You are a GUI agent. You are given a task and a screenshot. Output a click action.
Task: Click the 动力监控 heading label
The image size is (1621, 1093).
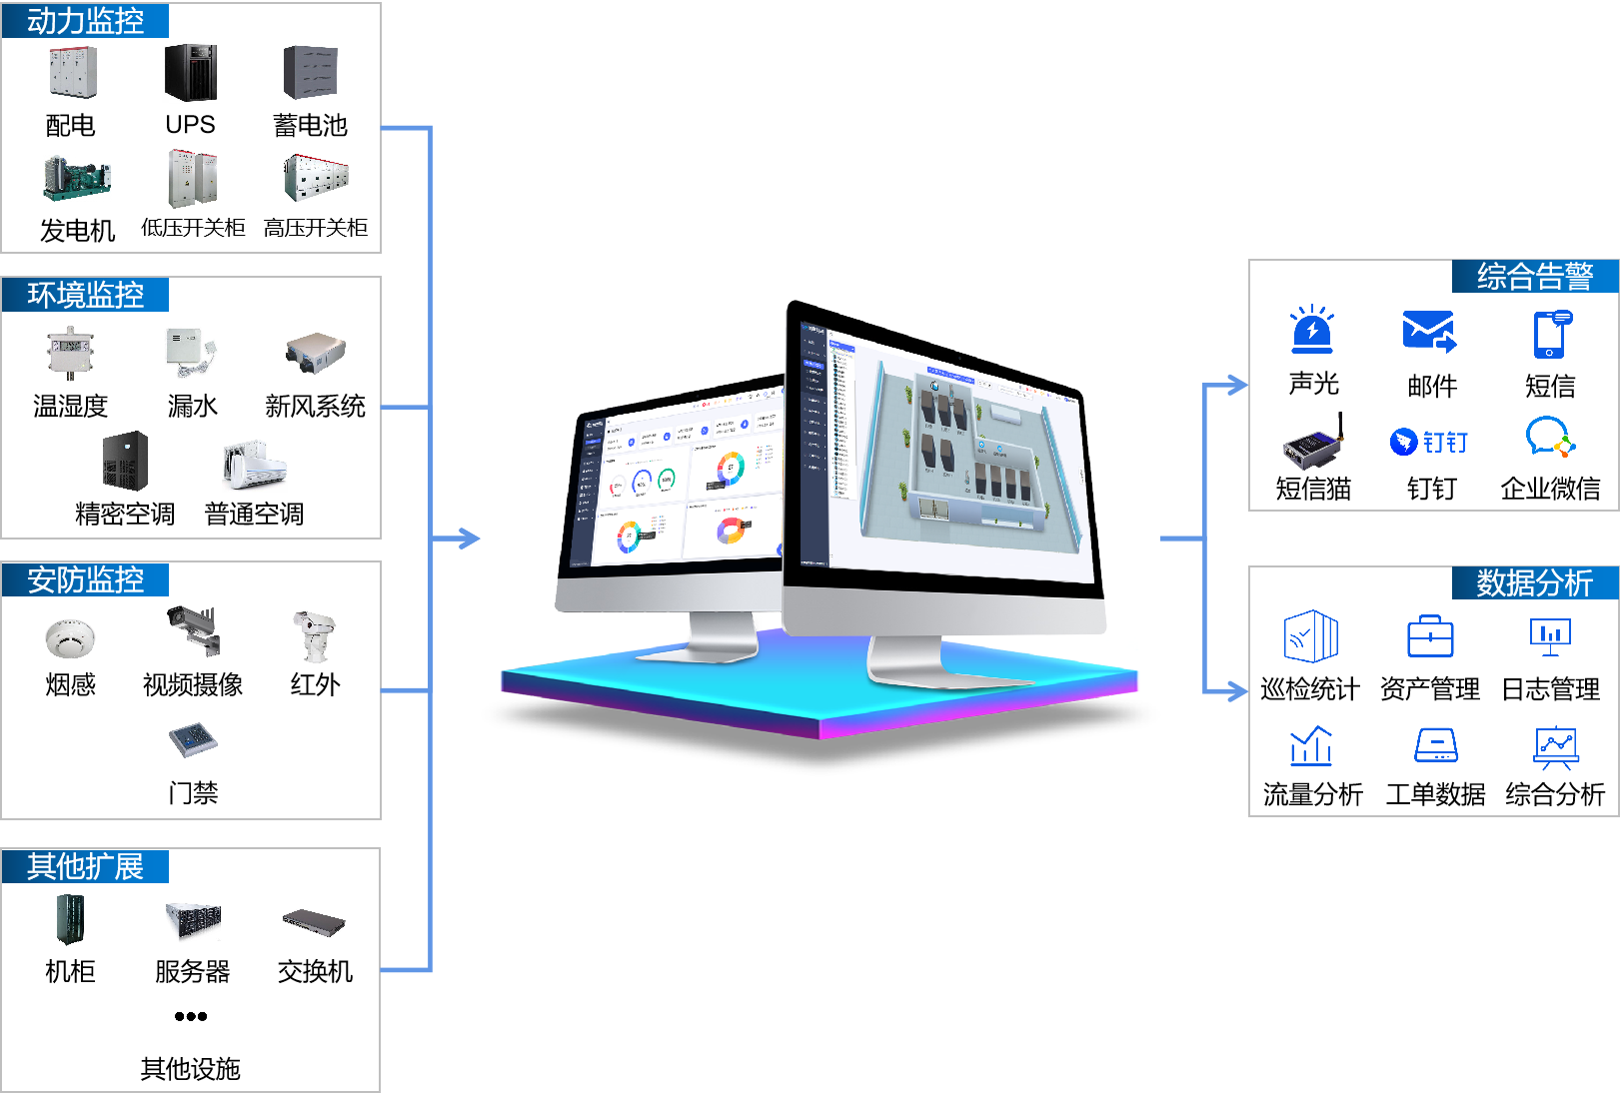coord(85,20)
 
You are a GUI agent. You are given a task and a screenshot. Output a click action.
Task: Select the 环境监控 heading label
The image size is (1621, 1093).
coord(85,295)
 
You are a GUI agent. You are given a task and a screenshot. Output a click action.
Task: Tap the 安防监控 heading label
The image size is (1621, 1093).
coord(85,579)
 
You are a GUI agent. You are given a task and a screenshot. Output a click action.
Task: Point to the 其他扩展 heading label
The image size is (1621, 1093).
coord(85,866)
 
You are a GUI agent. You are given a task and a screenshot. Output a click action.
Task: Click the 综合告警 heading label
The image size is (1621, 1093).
coord(1535,277)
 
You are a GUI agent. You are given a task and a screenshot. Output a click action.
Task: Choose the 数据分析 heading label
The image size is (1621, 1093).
coord(1535,582)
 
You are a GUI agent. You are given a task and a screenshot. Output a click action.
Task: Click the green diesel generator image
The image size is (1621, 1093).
coord(77,179)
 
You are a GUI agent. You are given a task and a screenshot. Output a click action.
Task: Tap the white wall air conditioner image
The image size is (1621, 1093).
coord(255,466)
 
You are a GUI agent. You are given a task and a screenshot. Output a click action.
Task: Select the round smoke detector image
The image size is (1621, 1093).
coord(70,638)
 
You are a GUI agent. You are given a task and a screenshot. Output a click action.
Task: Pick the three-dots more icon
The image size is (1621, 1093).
coord(190,1016)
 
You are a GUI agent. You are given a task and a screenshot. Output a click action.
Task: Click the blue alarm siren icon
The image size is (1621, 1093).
coord(1312,330)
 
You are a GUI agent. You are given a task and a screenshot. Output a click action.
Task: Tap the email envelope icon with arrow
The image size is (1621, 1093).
coord(1429,331)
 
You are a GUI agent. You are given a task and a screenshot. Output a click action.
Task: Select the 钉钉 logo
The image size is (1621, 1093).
coord(1429,442)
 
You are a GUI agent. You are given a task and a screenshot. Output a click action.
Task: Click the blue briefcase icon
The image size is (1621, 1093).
coord(1430,636)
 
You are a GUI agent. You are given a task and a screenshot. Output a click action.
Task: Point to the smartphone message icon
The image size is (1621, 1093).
coord(1551,334)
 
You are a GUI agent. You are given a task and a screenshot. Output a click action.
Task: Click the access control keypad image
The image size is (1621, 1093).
coord(193,740)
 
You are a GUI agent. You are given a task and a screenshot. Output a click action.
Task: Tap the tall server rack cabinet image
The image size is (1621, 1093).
coord(70,919)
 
